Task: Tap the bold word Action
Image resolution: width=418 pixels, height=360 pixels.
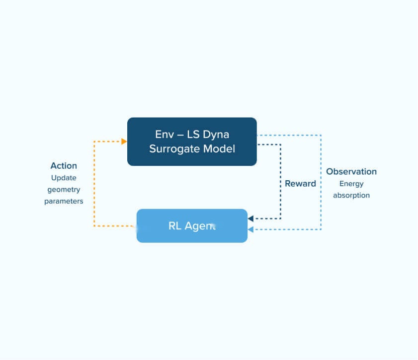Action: tap(64, 165)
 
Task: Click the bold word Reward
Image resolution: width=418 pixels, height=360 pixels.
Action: tap(300, 184)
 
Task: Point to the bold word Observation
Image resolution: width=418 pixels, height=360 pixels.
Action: tap(351, 172)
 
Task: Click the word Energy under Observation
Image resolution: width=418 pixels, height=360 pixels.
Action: tap(351, 184)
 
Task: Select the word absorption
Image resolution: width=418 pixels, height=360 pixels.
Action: tap(351, 195)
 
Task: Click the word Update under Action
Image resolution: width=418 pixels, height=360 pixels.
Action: tap(64, 177)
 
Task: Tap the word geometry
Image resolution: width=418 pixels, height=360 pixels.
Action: tap(64, 189)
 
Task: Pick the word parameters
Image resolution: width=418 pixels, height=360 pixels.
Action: tap(64, 201)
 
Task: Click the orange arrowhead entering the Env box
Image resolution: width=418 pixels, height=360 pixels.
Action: tap(124, 142)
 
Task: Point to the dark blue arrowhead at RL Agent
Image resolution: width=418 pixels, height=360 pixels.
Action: tap(251, 218)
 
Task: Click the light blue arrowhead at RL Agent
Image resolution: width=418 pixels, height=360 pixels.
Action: tap(251, 229)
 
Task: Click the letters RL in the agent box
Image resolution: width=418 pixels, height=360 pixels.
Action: tap(175, 226)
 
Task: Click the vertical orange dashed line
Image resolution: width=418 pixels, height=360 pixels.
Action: tap(94, 184)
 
